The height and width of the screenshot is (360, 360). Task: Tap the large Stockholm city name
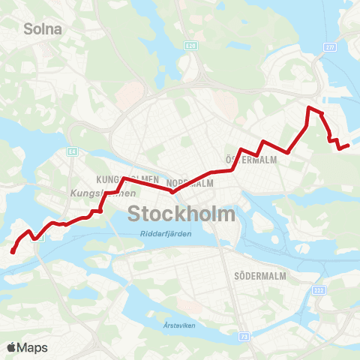coord(181,214)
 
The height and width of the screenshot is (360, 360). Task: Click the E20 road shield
coord(190,46)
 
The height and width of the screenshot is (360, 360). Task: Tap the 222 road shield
coord(319,289)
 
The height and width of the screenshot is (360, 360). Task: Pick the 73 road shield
coord(245,337)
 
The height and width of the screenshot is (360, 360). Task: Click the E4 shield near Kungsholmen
coord(73,151)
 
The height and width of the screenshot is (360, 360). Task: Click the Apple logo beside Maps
coord(11,347)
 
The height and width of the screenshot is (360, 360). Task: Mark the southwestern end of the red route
coord(13,251)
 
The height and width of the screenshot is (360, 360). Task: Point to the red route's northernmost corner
coord(307,109)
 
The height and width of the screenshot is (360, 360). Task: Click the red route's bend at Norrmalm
coord(173,191)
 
